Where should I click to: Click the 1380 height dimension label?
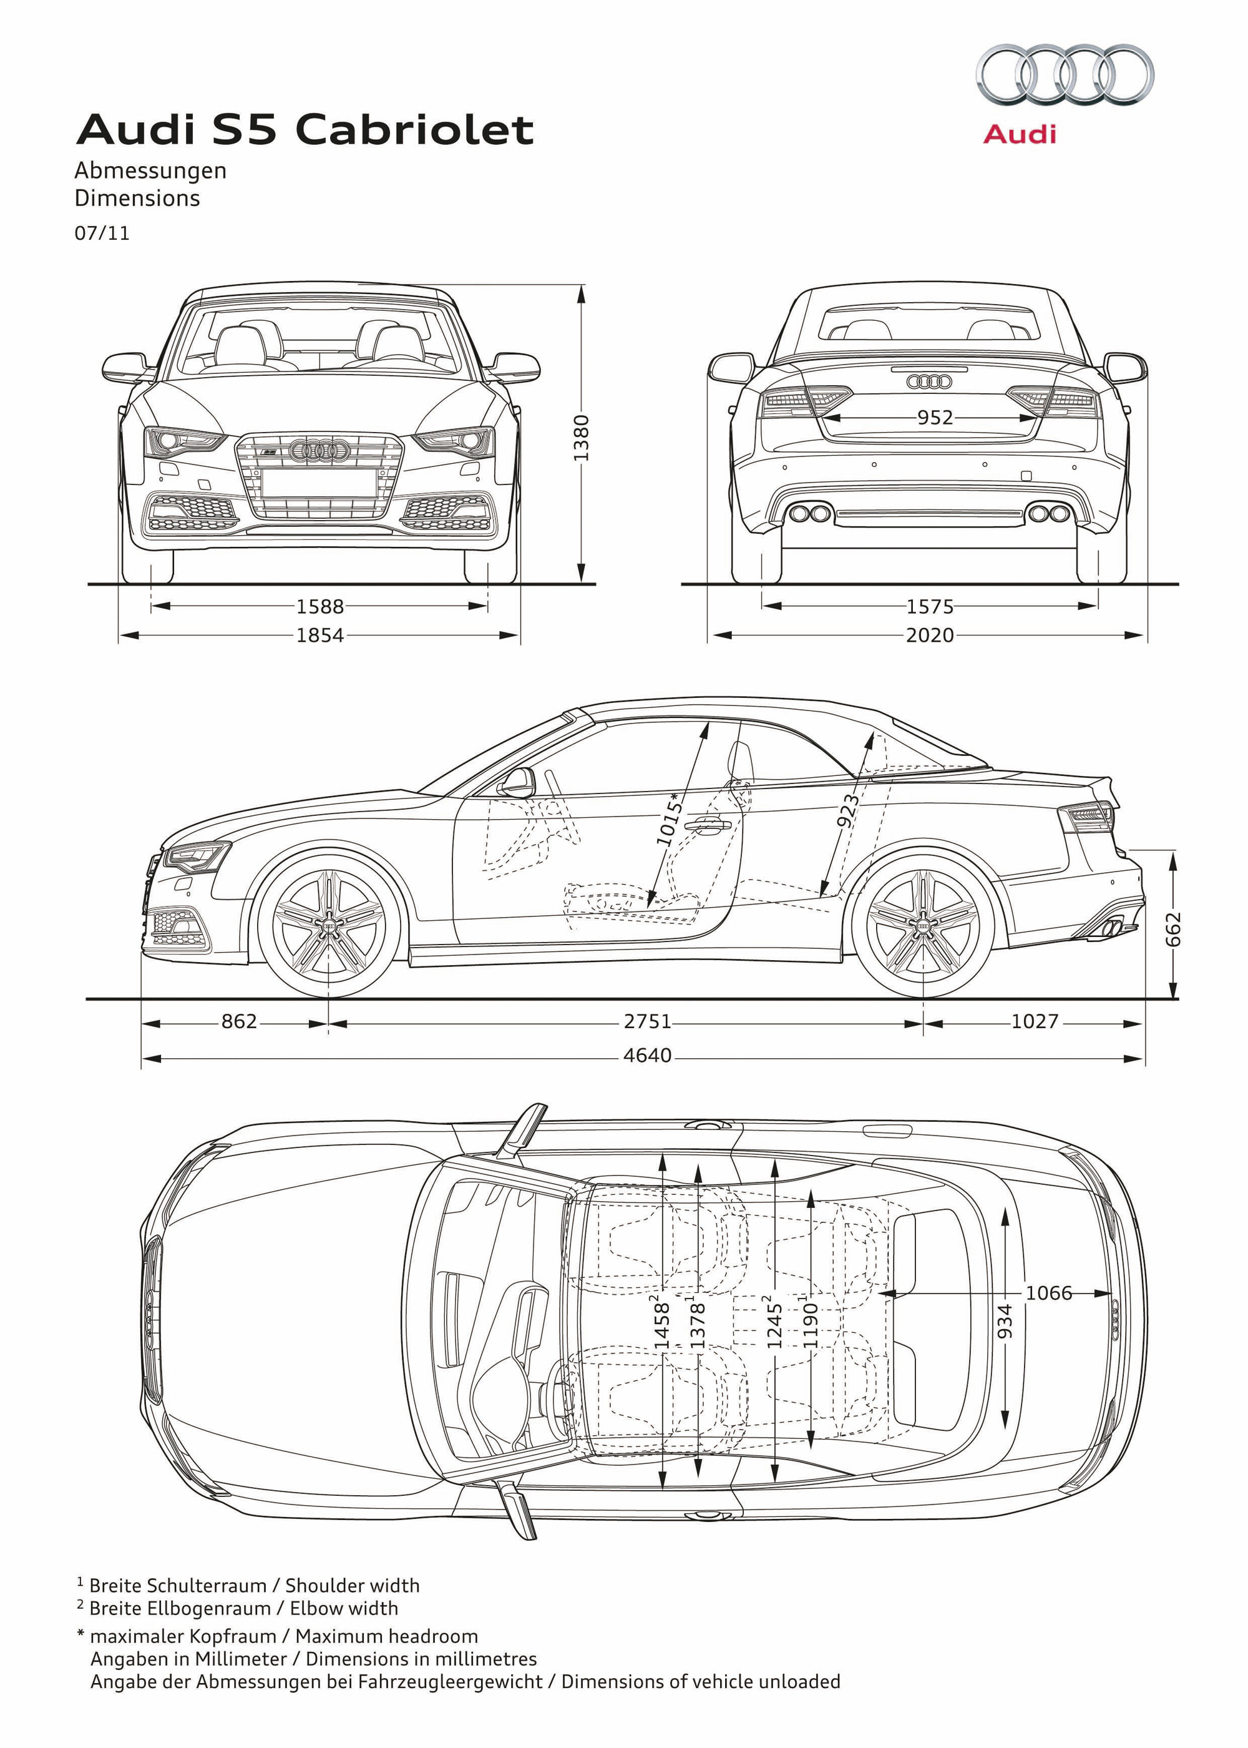tap(582, 438)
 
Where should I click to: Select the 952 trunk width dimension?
tap(935, 418)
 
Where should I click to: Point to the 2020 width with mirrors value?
tap(929, 635)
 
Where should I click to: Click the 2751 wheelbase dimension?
tap(647, 1021)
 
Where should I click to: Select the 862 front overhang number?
tap(239, 1021)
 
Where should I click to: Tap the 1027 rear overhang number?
tap(1035, 1021)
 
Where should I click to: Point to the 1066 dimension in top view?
tap(1048, 1293)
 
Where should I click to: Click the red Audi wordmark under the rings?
tap(1020, 134)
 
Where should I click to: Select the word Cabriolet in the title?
tap(414, 129)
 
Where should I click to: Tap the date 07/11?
tap(102, 233)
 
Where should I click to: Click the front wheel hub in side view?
tap(329, 928)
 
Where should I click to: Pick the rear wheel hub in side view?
tap(923, 928)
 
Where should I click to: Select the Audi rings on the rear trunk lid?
tap(929, 381)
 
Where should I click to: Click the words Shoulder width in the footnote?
tap(352, 1586)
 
